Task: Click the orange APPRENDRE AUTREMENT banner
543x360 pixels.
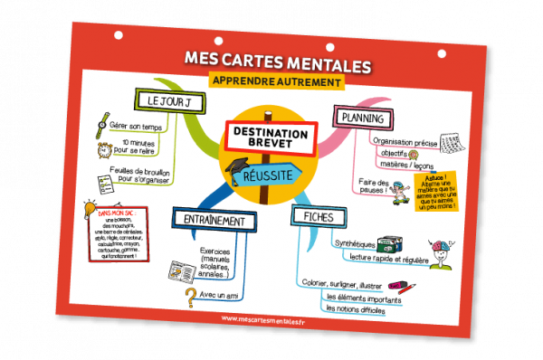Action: pos(276,81)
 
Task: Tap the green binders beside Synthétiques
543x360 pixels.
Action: pos(389,246)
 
